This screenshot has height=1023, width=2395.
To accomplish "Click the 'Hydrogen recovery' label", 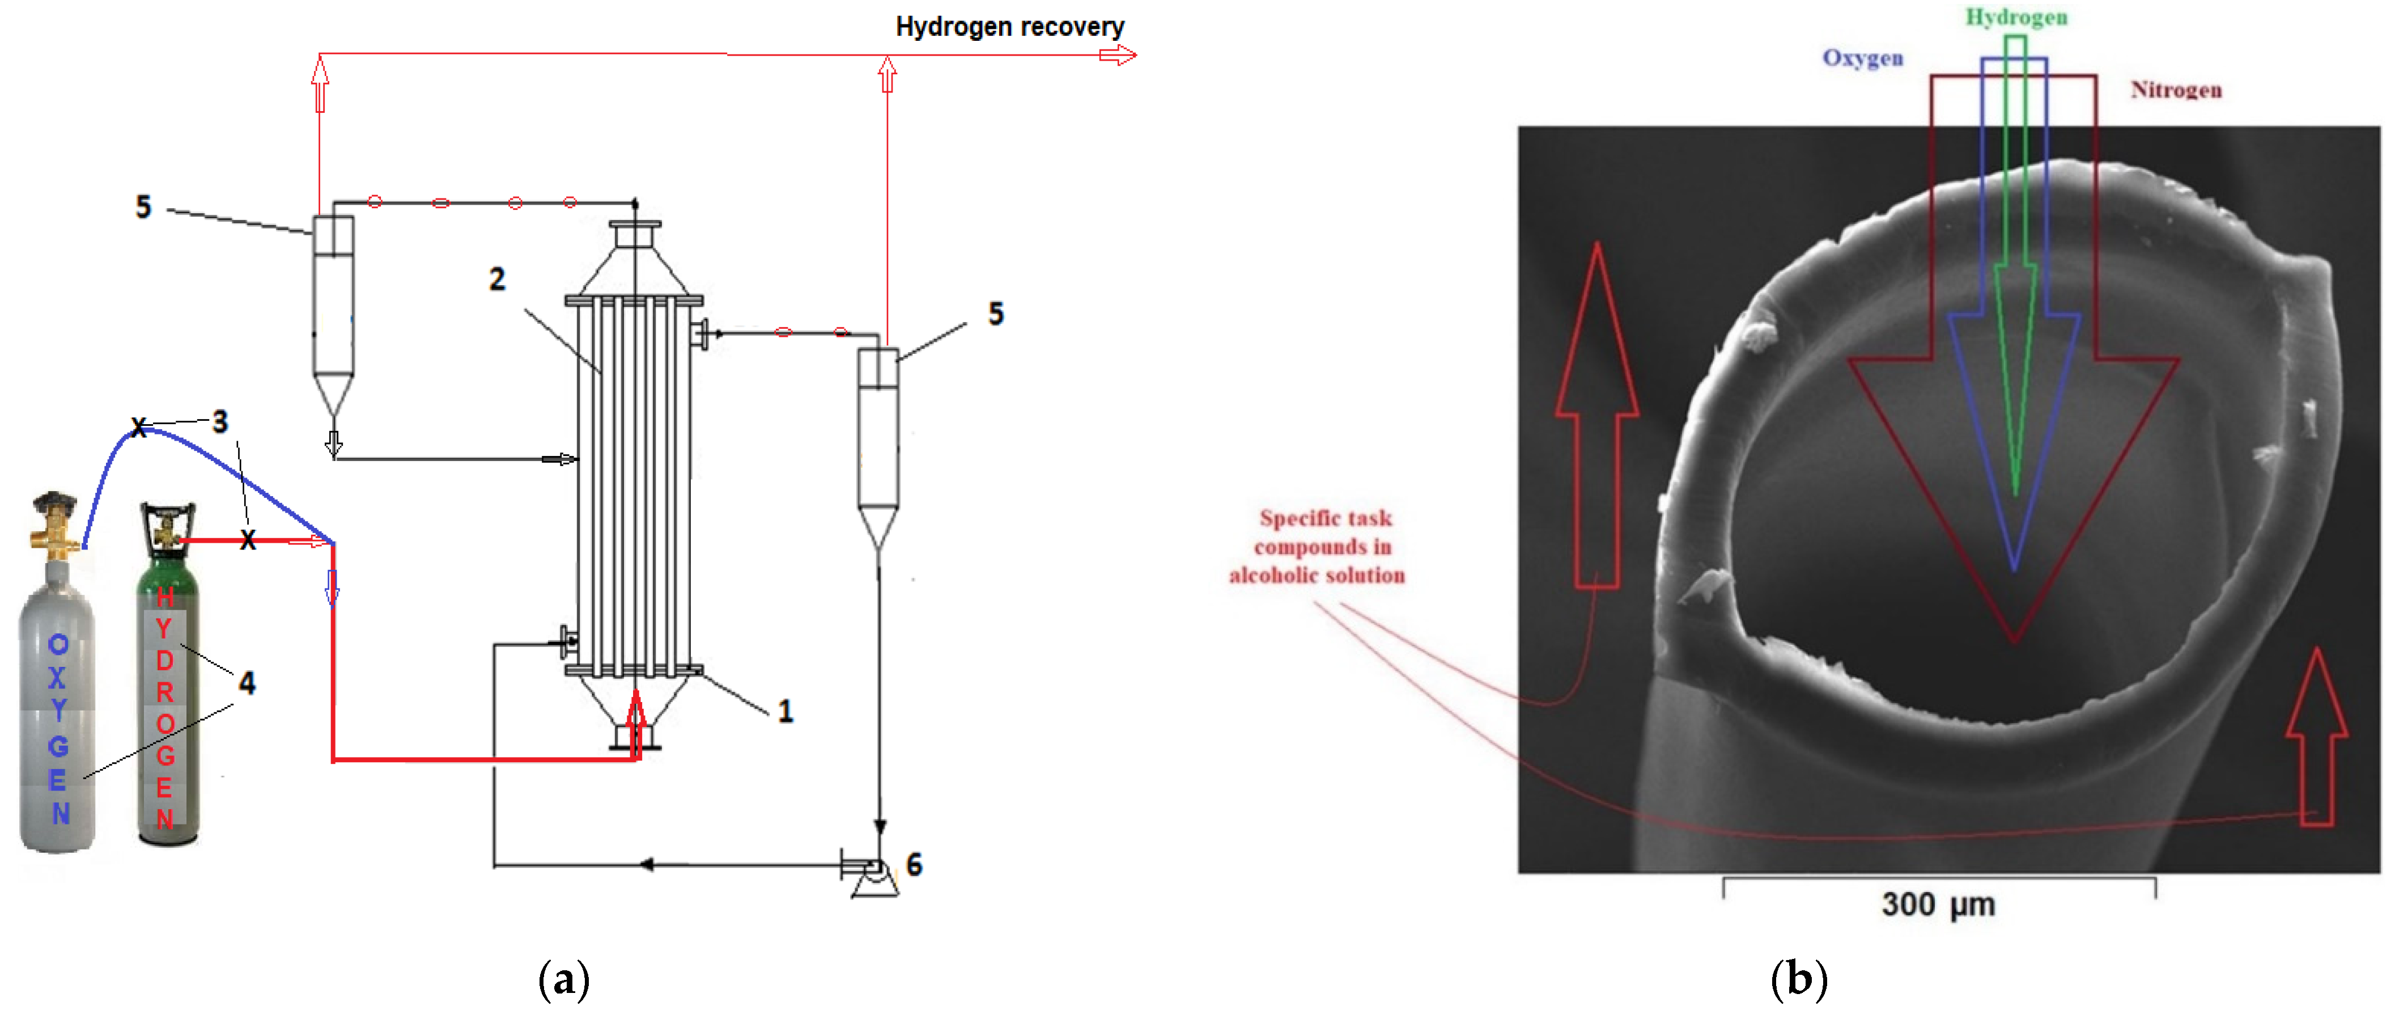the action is tap(1010, 27).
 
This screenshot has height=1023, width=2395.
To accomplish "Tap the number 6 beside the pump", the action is tap(915, 865).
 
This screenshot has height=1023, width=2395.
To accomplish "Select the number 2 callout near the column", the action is tap(498, 279).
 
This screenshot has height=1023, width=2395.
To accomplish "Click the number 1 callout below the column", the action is tap(785, 712).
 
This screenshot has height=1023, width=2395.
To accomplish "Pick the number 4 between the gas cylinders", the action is tap(247, 683).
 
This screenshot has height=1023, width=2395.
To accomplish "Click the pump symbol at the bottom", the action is tap(872, 874).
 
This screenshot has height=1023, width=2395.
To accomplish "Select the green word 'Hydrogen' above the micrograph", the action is tap(2016, 18).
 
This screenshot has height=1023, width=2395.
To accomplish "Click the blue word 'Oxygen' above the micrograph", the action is tap(1862, 58).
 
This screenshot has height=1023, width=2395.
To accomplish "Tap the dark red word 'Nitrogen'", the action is tap(2176, 89).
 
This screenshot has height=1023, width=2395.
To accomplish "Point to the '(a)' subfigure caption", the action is tap(563, 979).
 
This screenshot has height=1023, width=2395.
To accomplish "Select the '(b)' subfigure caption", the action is tap(1799, 979).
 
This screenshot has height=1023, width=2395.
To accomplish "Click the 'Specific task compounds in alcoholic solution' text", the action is tap(1318, 547).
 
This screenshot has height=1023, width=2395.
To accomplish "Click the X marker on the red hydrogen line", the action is tap(247, 540).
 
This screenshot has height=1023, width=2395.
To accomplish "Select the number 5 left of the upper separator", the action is tap(143, 206).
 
